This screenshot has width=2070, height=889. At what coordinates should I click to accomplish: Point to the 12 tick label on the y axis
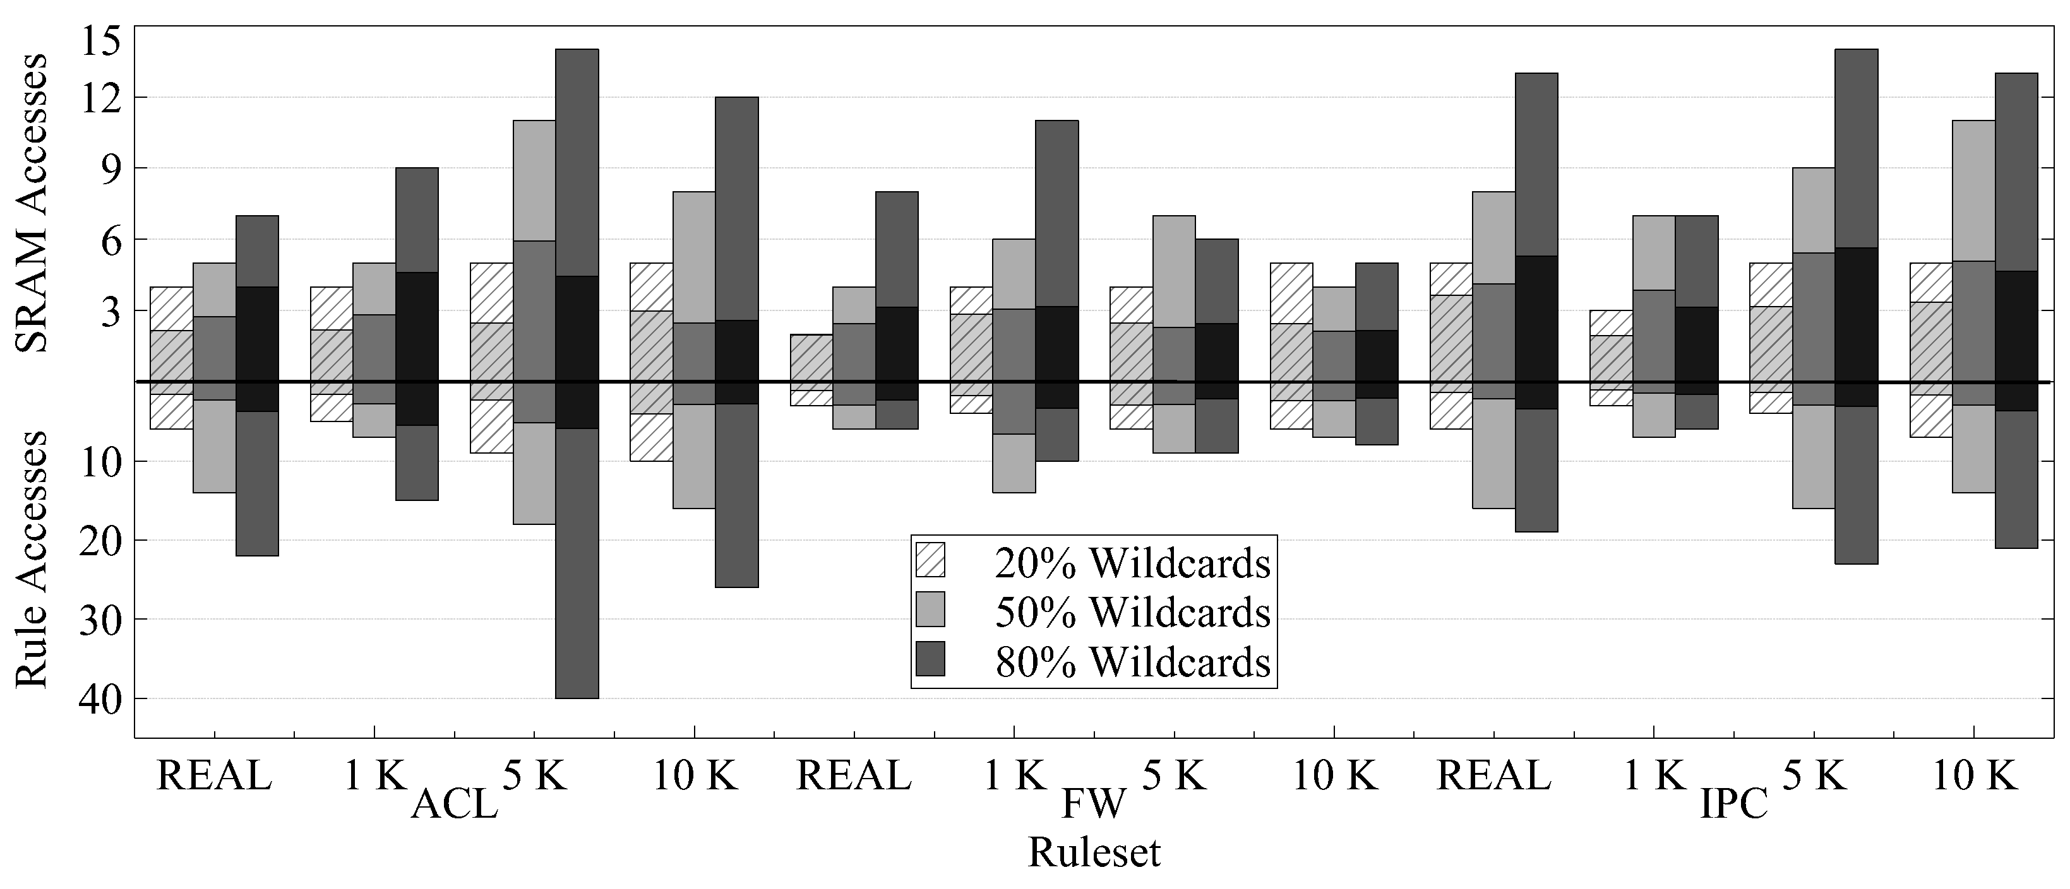pos(100,98)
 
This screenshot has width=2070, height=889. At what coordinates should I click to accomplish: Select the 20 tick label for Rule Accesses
pos(100,541)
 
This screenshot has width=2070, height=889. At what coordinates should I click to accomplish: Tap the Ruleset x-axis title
pos(1094,852)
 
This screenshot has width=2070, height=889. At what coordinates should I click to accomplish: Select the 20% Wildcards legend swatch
pos(930,560)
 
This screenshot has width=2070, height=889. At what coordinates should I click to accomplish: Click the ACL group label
pos(455,804)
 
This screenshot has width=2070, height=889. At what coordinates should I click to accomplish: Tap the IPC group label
pos(1734,804)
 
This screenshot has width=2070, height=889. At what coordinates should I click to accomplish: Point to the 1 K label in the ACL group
pos(374,777)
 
